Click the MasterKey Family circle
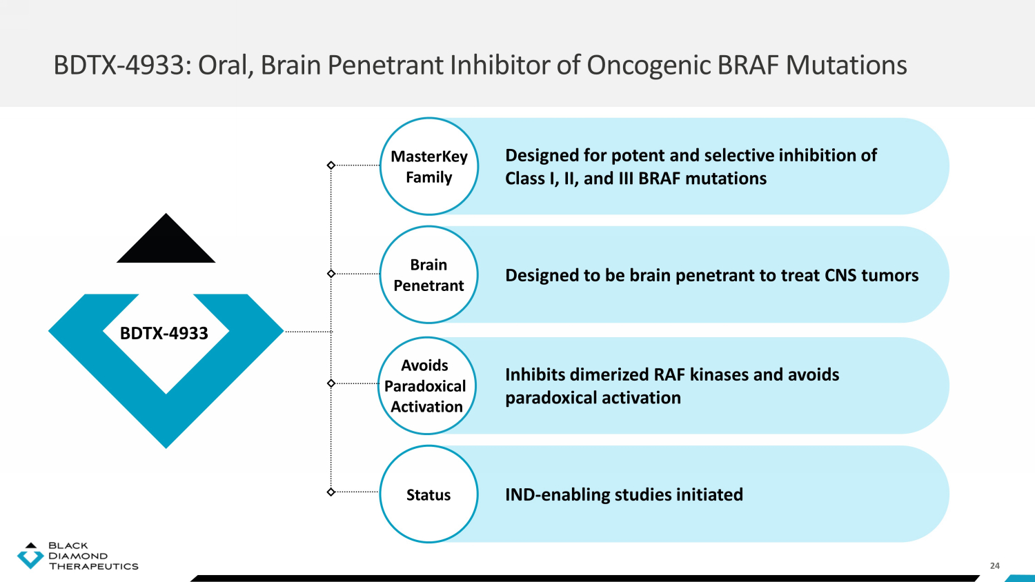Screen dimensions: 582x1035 (x=428, y=166)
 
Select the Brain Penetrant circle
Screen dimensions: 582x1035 (x=428, y=274)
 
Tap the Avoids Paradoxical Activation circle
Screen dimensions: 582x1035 (x=426, y=385)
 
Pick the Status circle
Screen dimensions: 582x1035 (x=428, y=494)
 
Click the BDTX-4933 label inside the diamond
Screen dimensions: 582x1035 (x=164, y=333)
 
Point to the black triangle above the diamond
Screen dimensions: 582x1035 (x=166, y=241)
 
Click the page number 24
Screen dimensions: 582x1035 (x=994, y=565)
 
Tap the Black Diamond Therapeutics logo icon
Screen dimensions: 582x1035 (x=30, y=556)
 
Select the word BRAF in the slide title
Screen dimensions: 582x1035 (x=748, y=66)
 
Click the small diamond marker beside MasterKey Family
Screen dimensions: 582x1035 (x=331, y=165)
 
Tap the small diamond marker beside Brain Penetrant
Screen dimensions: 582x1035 (x=331, y=274)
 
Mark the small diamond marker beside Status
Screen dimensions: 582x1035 (x=331, y=492)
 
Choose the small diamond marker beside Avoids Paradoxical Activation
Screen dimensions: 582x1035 (x=331, y=383)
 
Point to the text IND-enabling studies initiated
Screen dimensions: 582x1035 (x=624, y=494)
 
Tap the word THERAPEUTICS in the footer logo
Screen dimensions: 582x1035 (x=93, y=567)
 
